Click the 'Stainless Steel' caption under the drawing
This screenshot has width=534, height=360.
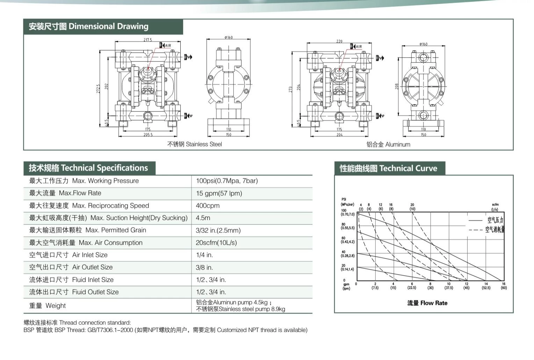[x=194, y=144]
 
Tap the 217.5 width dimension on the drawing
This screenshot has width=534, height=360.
[x=148, y=40]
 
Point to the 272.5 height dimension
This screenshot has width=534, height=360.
[x=99, y=88]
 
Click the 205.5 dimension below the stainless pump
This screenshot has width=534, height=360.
[x=148, y=135]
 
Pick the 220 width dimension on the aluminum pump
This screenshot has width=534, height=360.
[x=339, y=41]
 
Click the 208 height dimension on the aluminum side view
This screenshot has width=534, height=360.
[x=397, y=86]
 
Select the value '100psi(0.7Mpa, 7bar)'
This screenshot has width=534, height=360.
[x=227, y=181]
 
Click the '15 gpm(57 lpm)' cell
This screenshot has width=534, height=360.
[x=219, y=193]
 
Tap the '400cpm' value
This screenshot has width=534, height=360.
[x=208, y=206]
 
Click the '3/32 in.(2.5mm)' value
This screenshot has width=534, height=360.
[x=218, y=230]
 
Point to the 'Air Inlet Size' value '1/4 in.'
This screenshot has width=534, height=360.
[x=204, y=255]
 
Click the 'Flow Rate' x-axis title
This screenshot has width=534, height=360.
[x=427, y=303]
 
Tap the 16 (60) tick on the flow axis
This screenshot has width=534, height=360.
[x=504, y=286]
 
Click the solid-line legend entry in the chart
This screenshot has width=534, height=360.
[x=486, y=220]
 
